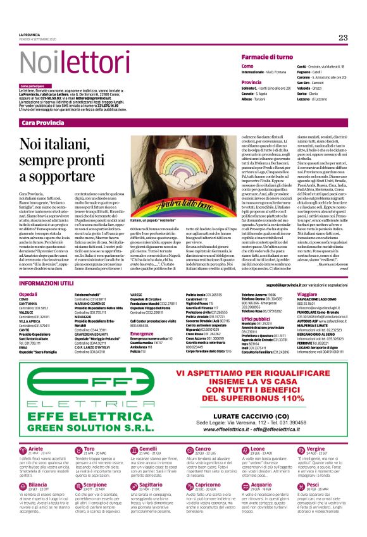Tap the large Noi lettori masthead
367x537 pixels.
(x=66, y=64)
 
